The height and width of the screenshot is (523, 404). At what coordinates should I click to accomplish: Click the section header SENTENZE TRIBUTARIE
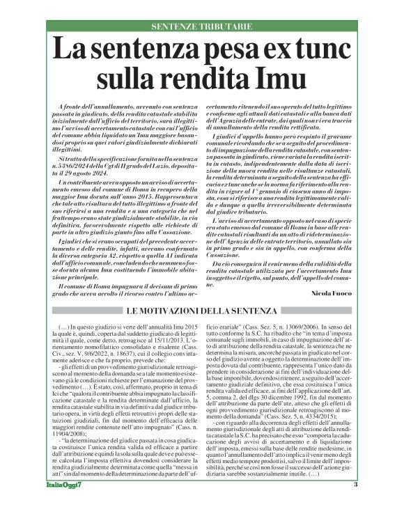point(202,26)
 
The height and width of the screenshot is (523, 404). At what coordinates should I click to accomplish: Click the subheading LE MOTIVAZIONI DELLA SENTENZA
point(202,309)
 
